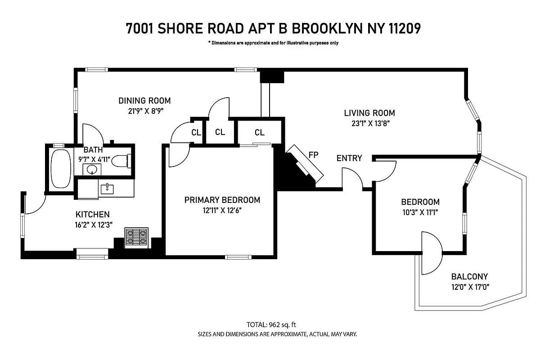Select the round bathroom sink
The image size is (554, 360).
pos(92,170)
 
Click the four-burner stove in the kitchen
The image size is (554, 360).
pos(136,237)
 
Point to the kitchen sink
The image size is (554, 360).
pos(108,188)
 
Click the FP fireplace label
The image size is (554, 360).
pos(313,155)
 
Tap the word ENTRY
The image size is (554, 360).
pos(349,158)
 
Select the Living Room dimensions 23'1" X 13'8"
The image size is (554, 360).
pos(369,124)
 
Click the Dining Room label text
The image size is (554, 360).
pos(144,101)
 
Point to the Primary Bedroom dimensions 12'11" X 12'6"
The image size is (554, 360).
pos(222,210)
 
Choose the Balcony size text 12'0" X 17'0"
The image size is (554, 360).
pos(469,287)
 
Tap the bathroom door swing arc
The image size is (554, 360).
pos(94,133)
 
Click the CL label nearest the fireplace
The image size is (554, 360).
pos(259,132)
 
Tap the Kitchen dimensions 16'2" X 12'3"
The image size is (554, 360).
pos(93,225)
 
